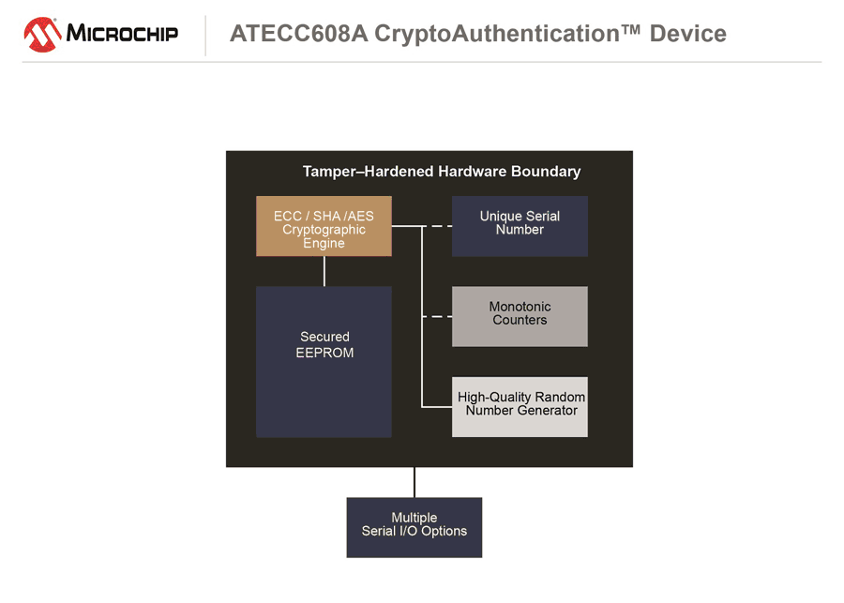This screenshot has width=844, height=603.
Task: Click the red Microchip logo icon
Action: click(42, 35)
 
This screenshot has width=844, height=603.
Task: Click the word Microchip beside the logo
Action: click(122, 35)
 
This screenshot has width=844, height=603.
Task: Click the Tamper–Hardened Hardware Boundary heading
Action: click(441, 172)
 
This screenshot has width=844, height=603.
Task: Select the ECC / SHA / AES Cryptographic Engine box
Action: click(324, 226)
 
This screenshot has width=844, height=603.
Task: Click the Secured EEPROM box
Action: click(324, 361)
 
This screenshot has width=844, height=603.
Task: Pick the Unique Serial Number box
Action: click(520, 226)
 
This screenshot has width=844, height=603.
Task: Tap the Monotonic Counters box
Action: click(520, 316)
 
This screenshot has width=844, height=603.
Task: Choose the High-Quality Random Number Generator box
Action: click(520, 406)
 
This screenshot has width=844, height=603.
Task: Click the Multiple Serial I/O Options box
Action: click(414, 527)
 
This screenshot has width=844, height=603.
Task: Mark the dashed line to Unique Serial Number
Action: click(437, 226)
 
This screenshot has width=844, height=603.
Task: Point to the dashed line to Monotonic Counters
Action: click(437, 317)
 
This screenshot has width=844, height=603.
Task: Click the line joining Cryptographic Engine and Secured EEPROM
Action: click(324, 271)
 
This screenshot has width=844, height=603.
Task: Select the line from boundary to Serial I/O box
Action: click(414, 482)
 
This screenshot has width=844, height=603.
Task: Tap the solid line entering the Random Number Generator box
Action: click(437, 406)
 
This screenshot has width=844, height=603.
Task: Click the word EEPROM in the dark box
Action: click(324, 354)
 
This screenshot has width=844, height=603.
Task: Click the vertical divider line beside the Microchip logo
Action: click(205, 35)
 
